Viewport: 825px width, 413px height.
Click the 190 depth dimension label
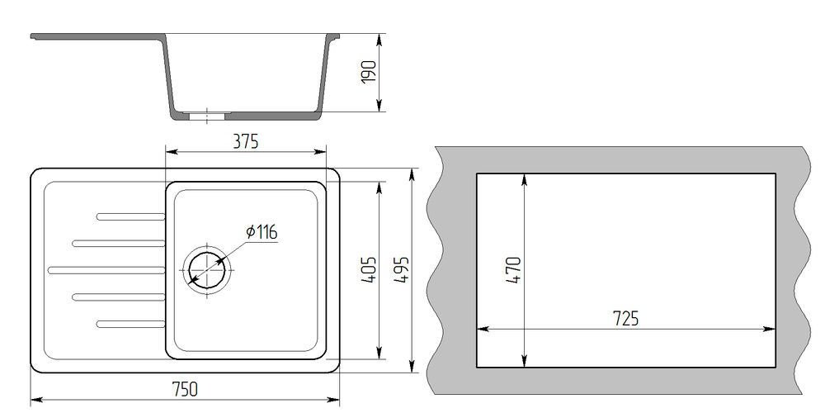[370, 71]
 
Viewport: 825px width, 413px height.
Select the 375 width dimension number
[246, 142]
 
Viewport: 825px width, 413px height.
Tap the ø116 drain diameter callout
[262, 232]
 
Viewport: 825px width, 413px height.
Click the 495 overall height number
[401, 270]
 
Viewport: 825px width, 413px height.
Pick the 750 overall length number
[185, 389]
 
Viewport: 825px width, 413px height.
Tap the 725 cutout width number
[625, 319]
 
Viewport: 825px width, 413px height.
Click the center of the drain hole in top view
[207, 270]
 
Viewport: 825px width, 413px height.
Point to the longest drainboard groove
[106, 270]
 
